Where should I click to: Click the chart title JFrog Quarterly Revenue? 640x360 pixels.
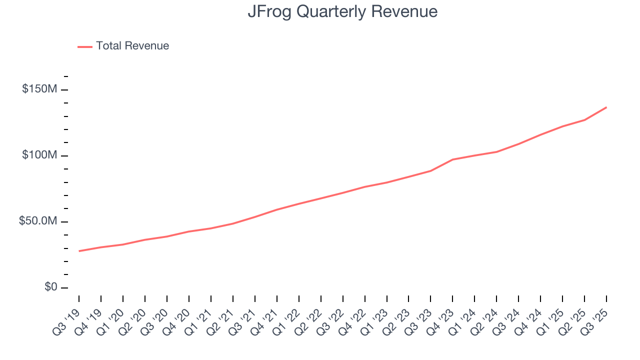tap(342, 11)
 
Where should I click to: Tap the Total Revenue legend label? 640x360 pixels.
tap(132, 46)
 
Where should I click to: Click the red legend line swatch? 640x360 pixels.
tap(85, 46)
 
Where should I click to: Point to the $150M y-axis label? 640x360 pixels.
tap(39, 89)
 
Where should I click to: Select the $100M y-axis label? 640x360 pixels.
tap(39, 155)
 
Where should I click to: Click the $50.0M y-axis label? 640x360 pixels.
tap(38, 221)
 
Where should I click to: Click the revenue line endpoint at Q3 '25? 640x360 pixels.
tap(606, 107)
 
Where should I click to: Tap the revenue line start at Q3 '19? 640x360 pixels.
tap(79, 251)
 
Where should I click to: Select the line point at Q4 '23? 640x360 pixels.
tap(452, 159)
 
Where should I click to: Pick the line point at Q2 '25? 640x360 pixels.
tap(584, 120)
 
